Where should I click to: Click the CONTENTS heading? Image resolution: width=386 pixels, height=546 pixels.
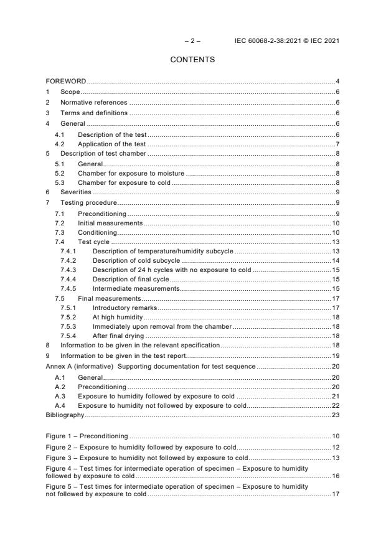click(x=192, y=60)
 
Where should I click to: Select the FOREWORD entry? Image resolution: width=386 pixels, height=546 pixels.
click(x=66, y=82)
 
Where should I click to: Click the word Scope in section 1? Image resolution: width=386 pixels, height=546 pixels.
click(x=70, y=92)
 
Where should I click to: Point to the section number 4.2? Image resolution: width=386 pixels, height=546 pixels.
click(x=60, y=144)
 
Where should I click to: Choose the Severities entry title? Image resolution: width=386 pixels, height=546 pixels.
click(x=75, y=192)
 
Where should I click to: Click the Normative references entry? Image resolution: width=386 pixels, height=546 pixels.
click(x=93, y=103)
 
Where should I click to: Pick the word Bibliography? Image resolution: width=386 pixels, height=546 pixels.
click(x=65, y=413)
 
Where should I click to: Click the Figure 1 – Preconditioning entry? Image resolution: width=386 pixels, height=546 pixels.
click(x=87, y=436)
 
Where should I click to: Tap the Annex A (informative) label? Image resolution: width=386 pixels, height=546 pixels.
click(x=79, y=366)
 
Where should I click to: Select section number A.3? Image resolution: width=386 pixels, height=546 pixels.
click(x=60, y=395)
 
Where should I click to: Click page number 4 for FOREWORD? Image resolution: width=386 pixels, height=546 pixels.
click(x=337, y=82)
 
